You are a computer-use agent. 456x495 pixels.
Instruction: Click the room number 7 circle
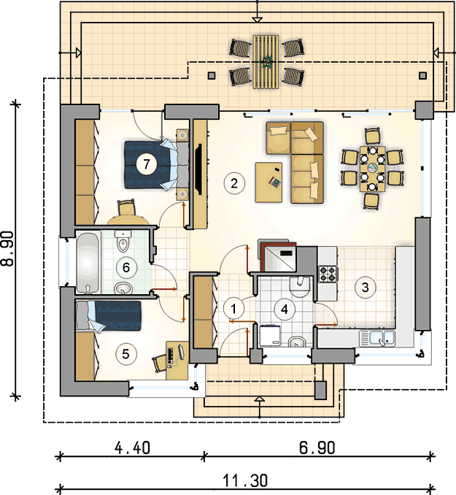tap(146, 164)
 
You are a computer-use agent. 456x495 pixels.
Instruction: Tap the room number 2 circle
tap(234, 183)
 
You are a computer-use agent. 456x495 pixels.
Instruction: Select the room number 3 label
tap(365, 287)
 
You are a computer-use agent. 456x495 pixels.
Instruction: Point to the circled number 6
tap(126, 268)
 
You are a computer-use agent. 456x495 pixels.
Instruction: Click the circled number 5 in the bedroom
tap(126, 354)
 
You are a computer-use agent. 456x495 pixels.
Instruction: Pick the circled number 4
tap(285, 310)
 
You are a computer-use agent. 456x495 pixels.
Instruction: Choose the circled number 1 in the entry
tap(233, 309)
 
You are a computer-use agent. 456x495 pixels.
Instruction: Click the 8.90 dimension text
tap(7, 248)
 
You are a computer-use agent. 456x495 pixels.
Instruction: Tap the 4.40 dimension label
tap(132, 448)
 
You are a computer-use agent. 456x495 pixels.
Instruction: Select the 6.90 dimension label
tap(317, 448)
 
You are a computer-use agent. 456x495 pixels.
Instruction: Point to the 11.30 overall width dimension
tap(246, 481)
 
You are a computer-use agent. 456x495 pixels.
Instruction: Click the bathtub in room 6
tap(88, 262)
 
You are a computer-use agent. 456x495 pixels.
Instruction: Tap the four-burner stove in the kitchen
tap(328, 274)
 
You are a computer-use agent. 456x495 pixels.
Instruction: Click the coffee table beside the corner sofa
tap(269, 182)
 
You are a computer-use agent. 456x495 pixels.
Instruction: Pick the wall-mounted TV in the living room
tap(198, 169)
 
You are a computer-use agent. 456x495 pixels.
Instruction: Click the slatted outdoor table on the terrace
tap(266, 61)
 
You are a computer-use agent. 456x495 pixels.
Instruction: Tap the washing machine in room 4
tap(271, 335)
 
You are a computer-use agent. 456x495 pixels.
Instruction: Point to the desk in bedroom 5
tap(177, 360)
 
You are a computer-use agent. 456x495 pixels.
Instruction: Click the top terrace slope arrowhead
tap(258, 20)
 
